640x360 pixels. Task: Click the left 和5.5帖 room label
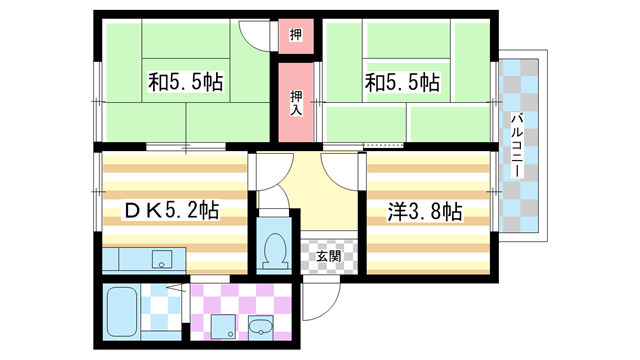[186, 80]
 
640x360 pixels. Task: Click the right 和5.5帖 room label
[403, 80]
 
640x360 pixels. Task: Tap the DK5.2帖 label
[171, 211]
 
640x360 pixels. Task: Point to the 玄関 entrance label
[328, 257]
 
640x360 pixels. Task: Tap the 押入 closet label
[297, 102]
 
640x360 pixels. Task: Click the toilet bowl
[271, 250]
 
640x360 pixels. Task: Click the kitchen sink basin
[160, 260]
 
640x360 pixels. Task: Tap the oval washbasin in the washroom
[263, 327]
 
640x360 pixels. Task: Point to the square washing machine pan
[222, 326]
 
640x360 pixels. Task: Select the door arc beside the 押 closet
[260, 33]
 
